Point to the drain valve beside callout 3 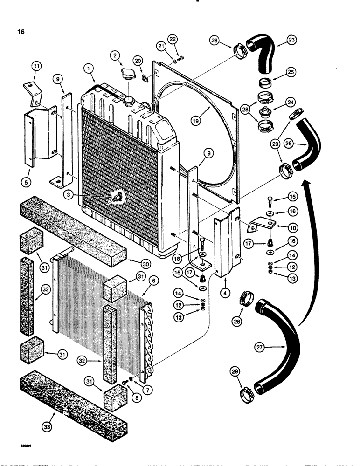pyautogui.click(x=115, y=198)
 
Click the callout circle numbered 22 pyautogui.click(x=173, y=38)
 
